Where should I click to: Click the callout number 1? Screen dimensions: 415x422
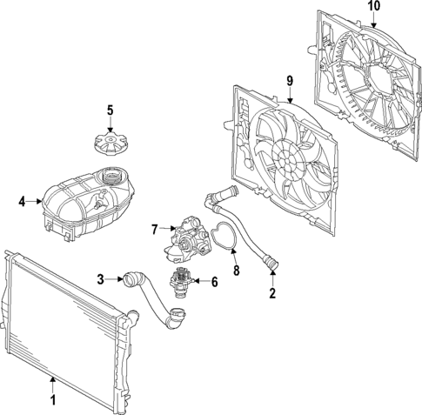point(52,401)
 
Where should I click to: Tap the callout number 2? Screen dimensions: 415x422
point(271,293)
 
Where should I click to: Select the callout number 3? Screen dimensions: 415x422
point(101,279)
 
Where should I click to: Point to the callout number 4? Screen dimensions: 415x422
point(22,202)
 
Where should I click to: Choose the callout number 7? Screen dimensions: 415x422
point(154,230)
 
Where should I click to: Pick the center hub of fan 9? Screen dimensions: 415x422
point(285,159)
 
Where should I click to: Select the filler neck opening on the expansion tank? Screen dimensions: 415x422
point(111,177)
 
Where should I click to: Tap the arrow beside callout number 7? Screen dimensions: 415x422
point(166,231)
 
